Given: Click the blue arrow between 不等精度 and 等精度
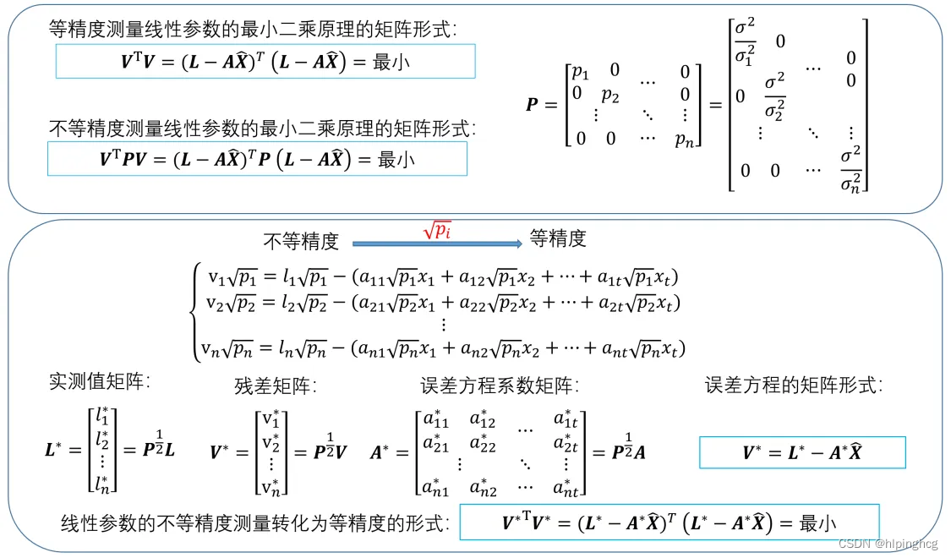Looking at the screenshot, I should coord(436,243).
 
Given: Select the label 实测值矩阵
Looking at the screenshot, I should coord(99,381).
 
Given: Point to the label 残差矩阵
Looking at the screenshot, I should coord(276,386).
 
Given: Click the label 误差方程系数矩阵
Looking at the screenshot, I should coord(499,386).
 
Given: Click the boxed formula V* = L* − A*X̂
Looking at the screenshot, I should coord(802,453).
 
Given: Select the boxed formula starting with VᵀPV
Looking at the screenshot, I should coord(257,158).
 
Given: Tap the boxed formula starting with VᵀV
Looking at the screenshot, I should coord(265,62).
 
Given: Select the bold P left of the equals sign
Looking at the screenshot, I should coord(532,105).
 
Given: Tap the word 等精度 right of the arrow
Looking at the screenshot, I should coord(558,239).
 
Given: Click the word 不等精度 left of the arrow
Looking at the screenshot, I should coord(301,242).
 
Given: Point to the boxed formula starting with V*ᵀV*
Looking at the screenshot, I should coord(669,522).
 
